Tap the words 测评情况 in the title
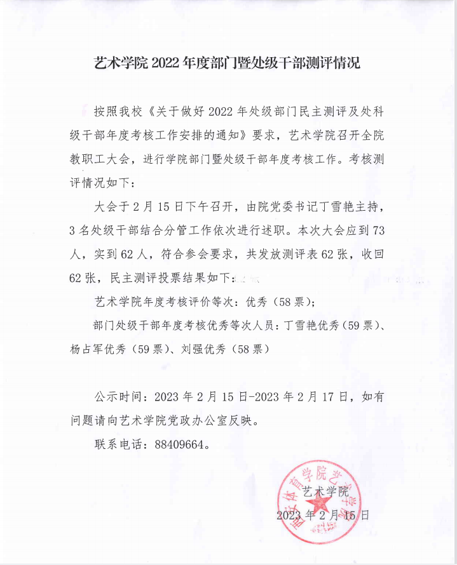click(x=335, y=63)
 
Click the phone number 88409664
click(x=181, y=445)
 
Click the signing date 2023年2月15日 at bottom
click(x=323, y=515)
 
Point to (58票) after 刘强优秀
click(x=251, y=349)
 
